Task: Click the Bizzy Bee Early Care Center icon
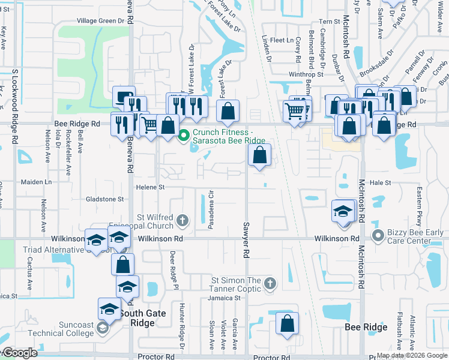point(378,235)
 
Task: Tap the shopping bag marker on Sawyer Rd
point(259,156)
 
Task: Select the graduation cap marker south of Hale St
point(343,212)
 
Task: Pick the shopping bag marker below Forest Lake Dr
point(228,110)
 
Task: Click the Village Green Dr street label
point(104,20)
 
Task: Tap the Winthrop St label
point(306,74)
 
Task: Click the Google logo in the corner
point(19,353)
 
